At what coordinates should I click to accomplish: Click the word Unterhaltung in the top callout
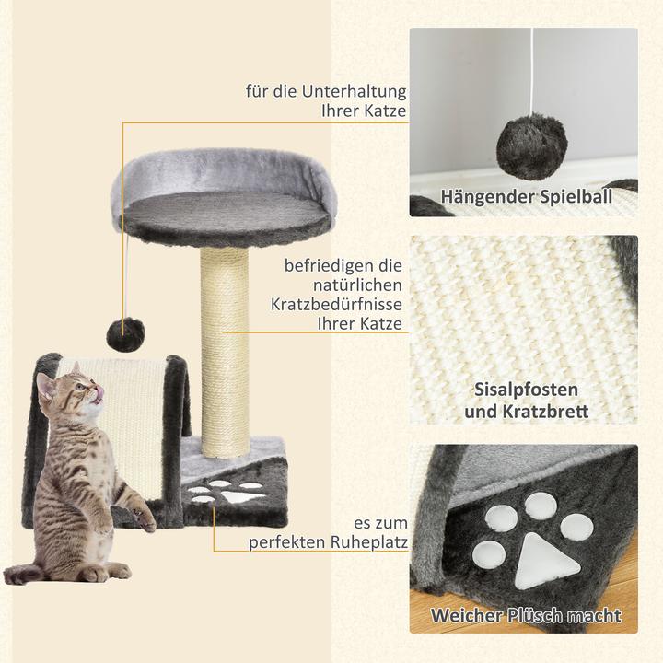(355, 92)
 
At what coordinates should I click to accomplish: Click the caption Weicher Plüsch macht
(525, 615)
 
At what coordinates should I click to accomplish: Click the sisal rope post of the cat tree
(223, 350)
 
